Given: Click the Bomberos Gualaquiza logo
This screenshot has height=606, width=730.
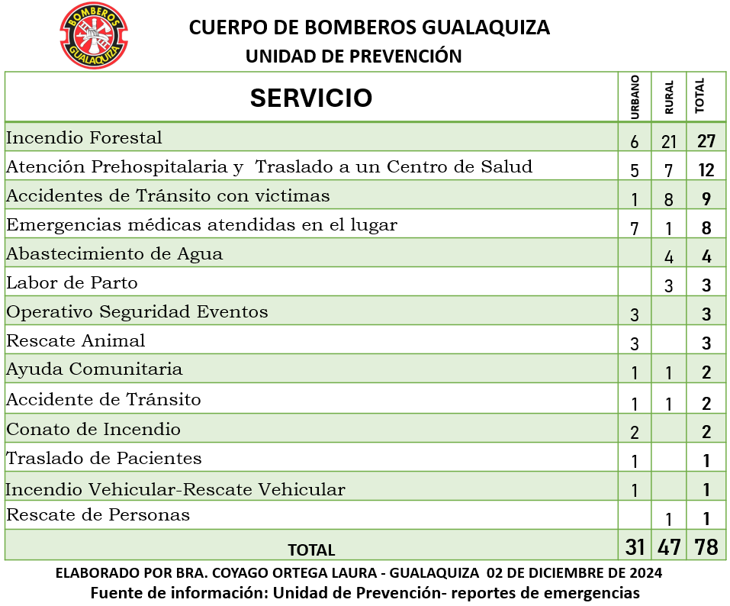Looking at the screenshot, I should coord(94,35).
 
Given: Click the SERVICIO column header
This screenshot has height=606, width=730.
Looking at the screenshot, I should coord(311,98).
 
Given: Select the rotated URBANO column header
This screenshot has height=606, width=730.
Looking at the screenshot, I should coord(635,97).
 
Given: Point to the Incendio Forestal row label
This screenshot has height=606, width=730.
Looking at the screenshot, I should coord(84,138).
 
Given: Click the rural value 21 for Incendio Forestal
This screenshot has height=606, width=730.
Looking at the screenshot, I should coord(669,141).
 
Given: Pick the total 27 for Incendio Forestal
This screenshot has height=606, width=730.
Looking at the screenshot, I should coord(706,141).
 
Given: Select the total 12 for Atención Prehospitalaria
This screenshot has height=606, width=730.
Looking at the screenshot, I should coord(706,170).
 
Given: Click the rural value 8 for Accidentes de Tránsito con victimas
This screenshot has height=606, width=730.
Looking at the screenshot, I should coord(669,199).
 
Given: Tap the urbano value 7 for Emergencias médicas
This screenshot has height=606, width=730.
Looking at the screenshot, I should coord(635,228).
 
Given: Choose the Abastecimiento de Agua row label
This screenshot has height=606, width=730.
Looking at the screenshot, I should coord(114,254).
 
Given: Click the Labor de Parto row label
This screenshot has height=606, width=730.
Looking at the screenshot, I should coord(72,283).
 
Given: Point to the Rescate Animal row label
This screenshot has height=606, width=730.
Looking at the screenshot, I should coord(76,340).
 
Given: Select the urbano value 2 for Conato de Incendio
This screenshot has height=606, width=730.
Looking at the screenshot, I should coord(635,432).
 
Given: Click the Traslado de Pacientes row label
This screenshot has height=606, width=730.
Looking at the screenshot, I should coord(104,459).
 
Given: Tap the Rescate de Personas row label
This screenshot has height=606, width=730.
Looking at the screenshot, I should coord(98,515).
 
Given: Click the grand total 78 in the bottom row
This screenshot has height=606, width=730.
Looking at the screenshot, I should coord(706,547).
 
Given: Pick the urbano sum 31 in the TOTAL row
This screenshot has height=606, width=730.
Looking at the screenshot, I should coord(635,547).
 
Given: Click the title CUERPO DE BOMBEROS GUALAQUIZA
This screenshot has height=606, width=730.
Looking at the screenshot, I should coord(369,28).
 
